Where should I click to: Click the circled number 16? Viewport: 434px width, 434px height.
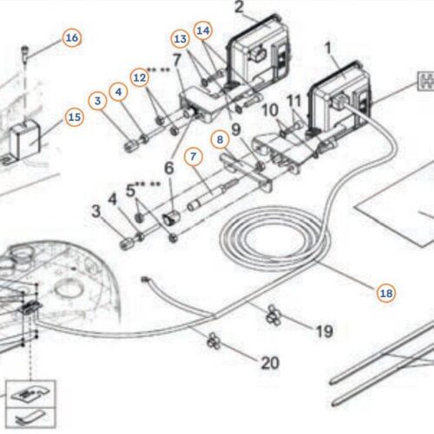point(72,38)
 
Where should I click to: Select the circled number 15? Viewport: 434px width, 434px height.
point(75,117)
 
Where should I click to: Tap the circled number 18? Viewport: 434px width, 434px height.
point(386,293)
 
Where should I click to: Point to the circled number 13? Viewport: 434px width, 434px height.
point(181,39)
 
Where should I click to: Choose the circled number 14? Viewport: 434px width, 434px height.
point(203,30)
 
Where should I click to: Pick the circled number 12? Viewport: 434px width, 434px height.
point(140,77)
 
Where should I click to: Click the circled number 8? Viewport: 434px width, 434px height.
point(220,140)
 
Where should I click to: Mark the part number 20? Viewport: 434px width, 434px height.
point(270,363)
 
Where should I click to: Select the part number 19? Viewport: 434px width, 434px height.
point(324,332)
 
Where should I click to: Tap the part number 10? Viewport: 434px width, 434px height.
point(270,110)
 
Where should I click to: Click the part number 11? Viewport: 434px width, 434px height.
point(294,101)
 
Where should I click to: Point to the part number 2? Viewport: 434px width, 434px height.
point(239,7)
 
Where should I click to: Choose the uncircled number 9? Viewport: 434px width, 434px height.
point(236,129)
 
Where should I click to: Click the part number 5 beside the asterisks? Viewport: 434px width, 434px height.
point(131,191)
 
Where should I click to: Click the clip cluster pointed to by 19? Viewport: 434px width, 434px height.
point(273,315)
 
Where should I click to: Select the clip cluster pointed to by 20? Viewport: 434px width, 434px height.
point(214,340)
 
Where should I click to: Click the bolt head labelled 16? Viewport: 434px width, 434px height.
point(25,49)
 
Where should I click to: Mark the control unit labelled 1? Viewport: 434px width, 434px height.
point(339,98)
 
